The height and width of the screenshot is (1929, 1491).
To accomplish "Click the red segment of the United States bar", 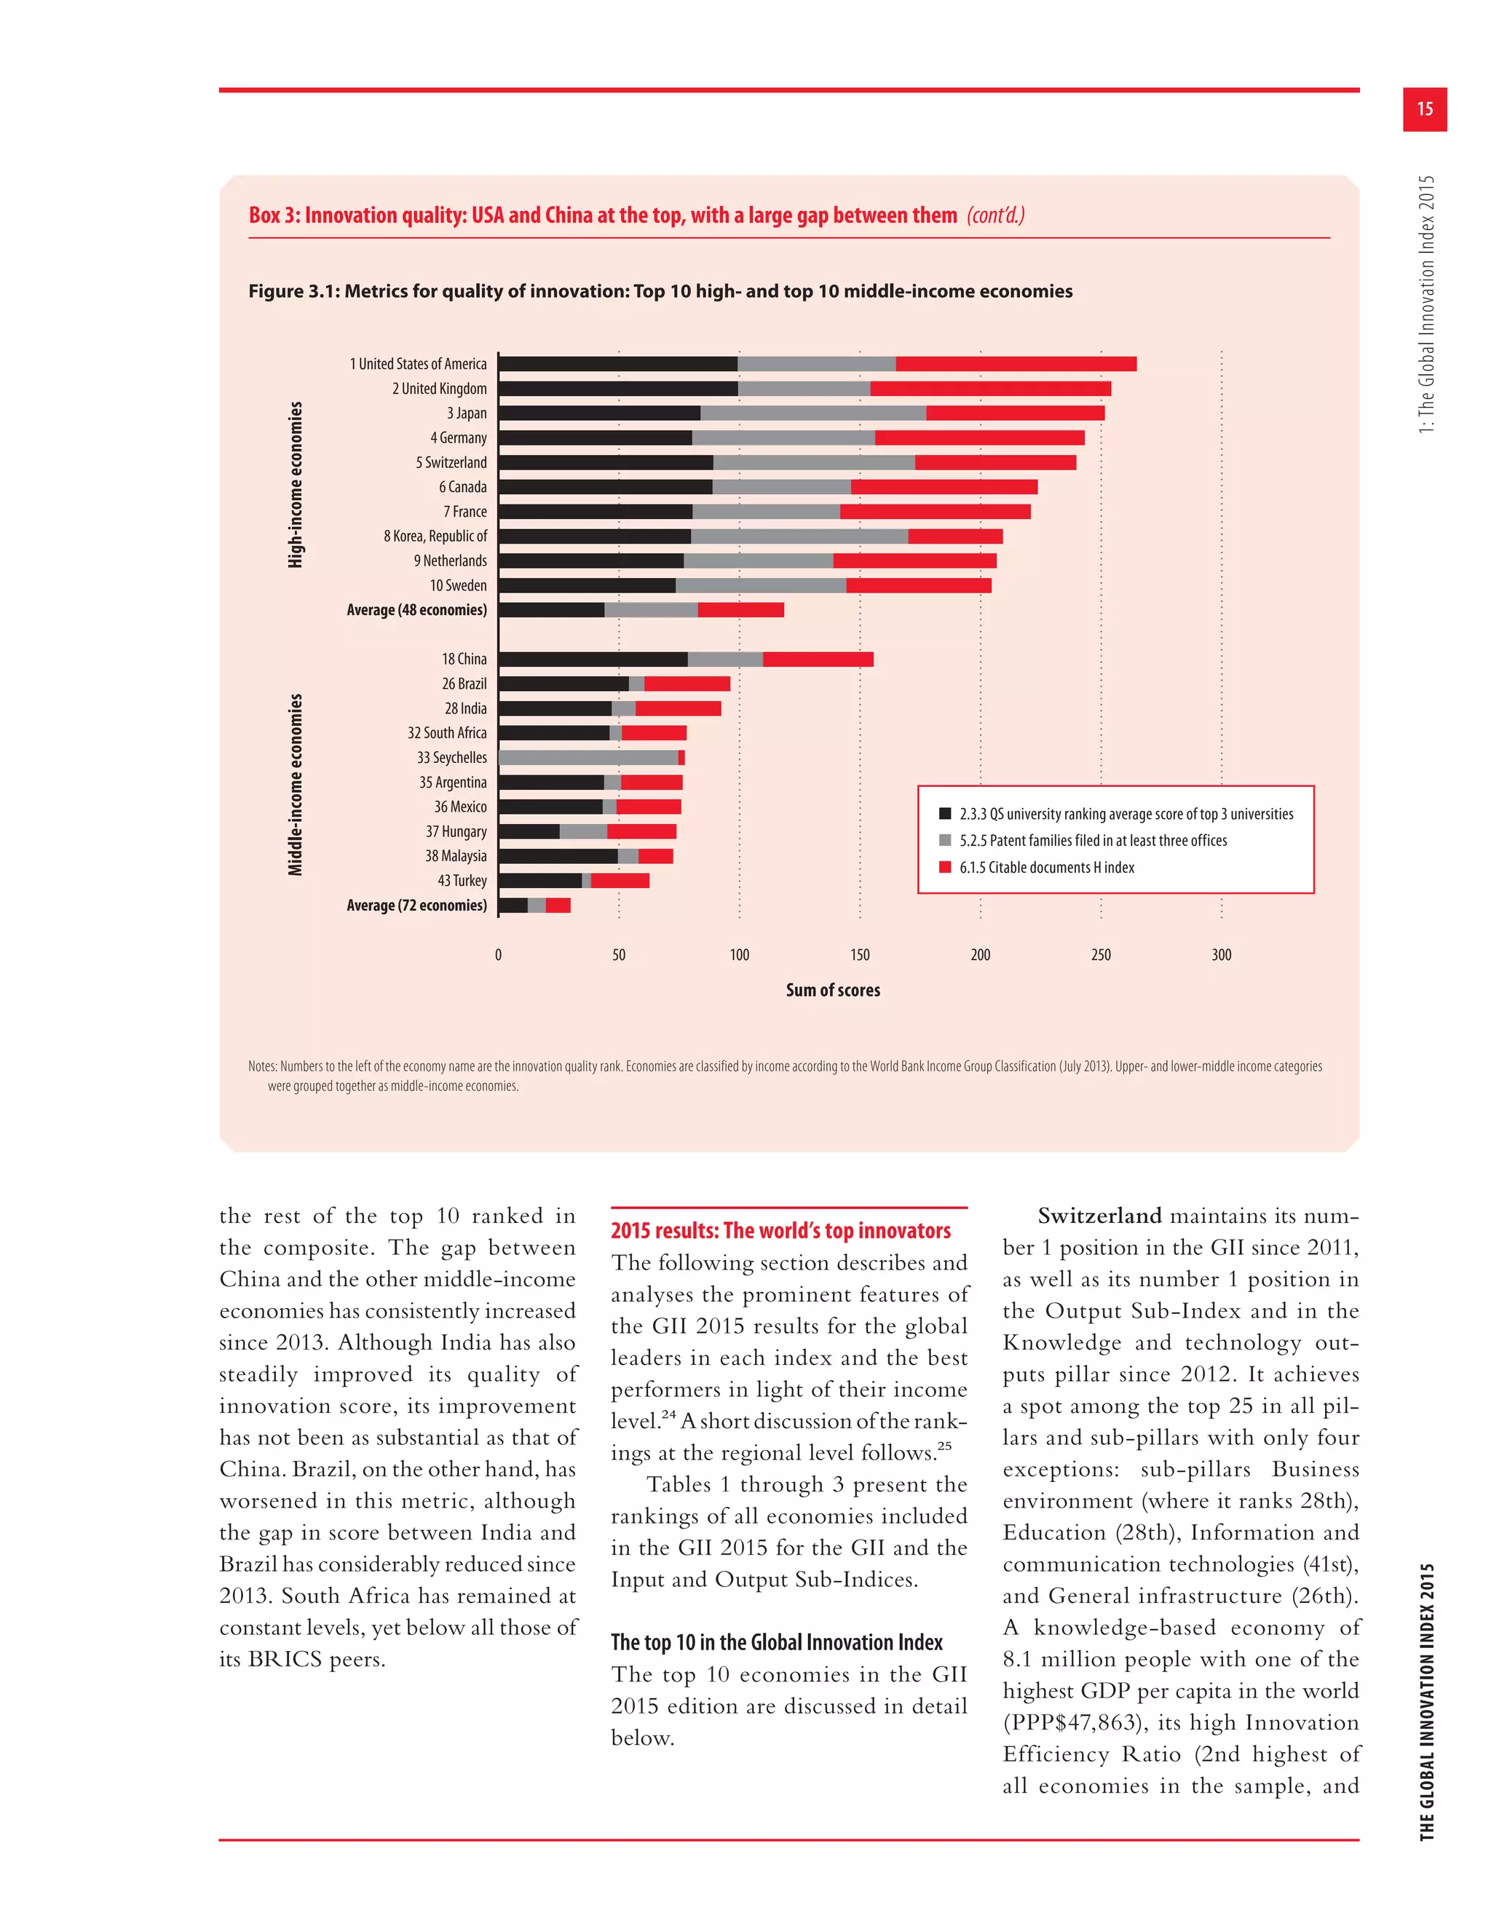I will (1016, 364).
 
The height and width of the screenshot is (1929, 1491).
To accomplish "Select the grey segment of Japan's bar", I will (812, 413).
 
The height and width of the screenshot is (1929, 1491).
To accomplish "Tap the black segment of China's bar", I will (593, 659).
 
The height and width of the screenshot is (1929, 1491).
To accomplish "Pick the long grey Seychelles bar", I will (588, 758).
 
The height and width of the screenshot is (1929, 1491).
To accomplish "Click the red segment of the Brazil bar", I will (687, 684).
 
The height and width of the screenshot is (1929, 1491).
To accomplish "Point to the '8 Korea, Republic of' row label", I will (435, 536).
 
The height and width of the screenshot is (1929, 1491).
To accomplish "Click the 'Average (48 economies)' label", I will (416, 610).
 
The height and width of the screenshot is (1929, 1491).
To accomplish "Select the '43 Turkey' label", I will (462, 881).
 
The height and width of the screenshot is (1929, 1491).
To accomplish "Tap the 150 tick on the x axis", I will (860, 955).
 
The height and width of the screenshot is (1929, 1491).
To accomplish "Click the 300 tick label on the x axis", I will (1221, 955).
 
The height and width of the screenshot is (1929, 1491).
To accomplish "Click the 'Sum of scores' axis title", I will (833, 990).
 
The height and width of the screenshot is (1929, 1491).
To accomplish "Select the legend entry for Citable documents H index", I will (1047, 868).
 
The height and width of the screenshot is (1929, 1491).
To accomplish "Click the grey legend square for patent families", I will (945, 841).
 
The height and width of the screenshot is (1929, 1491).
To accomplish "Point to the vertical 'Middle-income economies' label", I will (295, 784).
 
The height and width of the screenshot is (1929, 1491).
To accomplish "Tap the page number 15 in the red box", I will (1424, 108).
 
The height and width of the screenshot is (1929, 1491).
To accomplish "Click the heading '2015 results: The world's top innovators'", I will (781, 1230).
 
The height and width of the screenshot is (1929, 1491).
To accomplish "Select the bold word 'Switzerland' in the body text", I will (1099, 1216).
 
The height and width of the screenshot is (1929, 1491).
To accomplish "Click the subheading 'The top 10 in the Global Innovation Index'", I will (776, 1642).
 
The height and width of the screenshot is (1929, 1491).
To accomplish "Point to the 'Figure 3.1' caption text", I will (660, 291).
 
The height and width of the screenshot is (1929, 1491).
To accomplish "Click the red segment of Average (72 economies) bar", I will (558, 906).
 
